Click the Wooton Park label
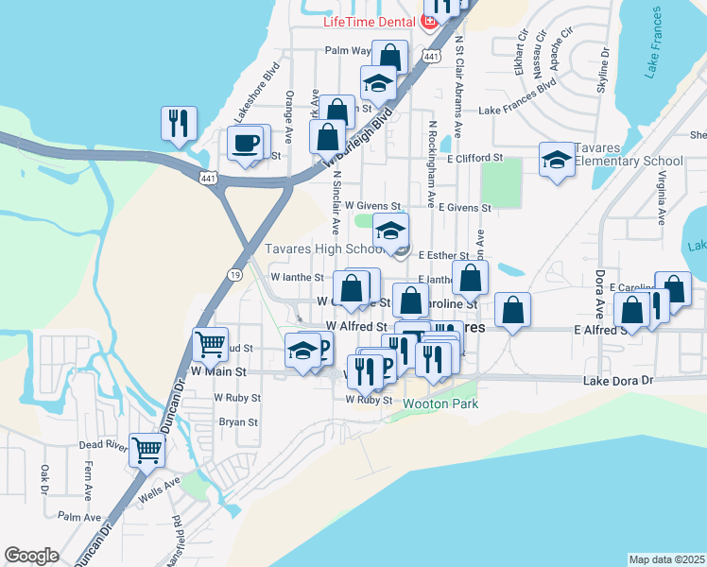point(440,404)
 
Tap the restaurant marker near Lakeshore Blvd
point(178,124)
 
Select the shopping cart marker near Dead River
point(147,451)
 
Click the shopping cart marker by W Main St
point(210,344)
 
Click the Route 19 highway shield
point(233,274)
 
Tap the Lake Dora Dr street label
point(618,380)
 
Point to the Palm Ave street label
point(78,517)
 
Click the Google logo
point(31,556)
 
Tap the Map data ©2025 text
point(666,559)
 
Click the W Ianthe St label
point(297,278)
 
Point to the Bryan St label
point(238,422)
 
